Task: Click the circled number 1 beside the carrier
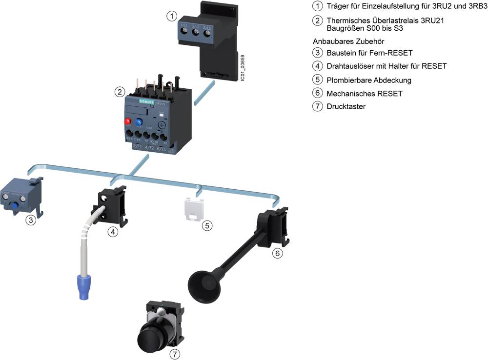[x=171, y=16]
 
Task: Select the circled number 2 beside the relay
[x=119, y=92]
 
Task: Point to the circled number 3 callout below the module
[x=31, y=220]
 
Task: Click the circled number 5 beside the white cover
[x=207, y=225]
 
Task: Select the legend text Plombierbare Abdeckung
[x=369, y=80]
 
